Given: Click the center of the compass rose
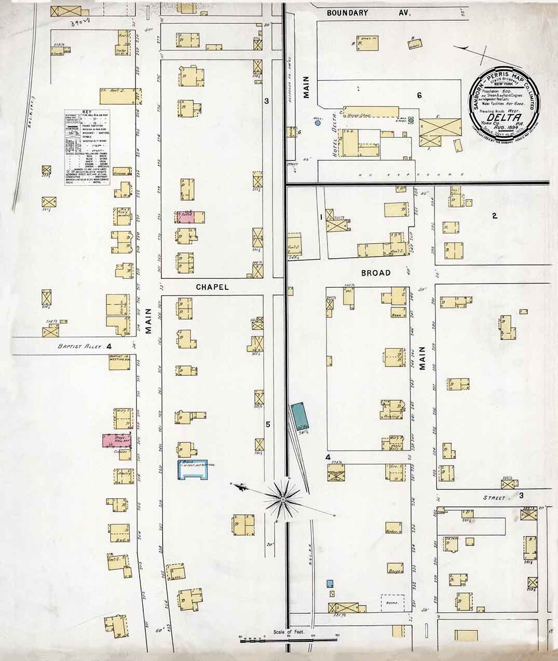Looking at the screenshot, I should (x=283, y=499).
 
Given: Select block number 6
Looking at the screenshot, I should (x=418, y=95).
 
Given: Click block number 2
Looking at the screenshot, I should (x=494, y=216).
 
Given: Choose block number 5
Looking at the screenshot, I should (x=268, y=425).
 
